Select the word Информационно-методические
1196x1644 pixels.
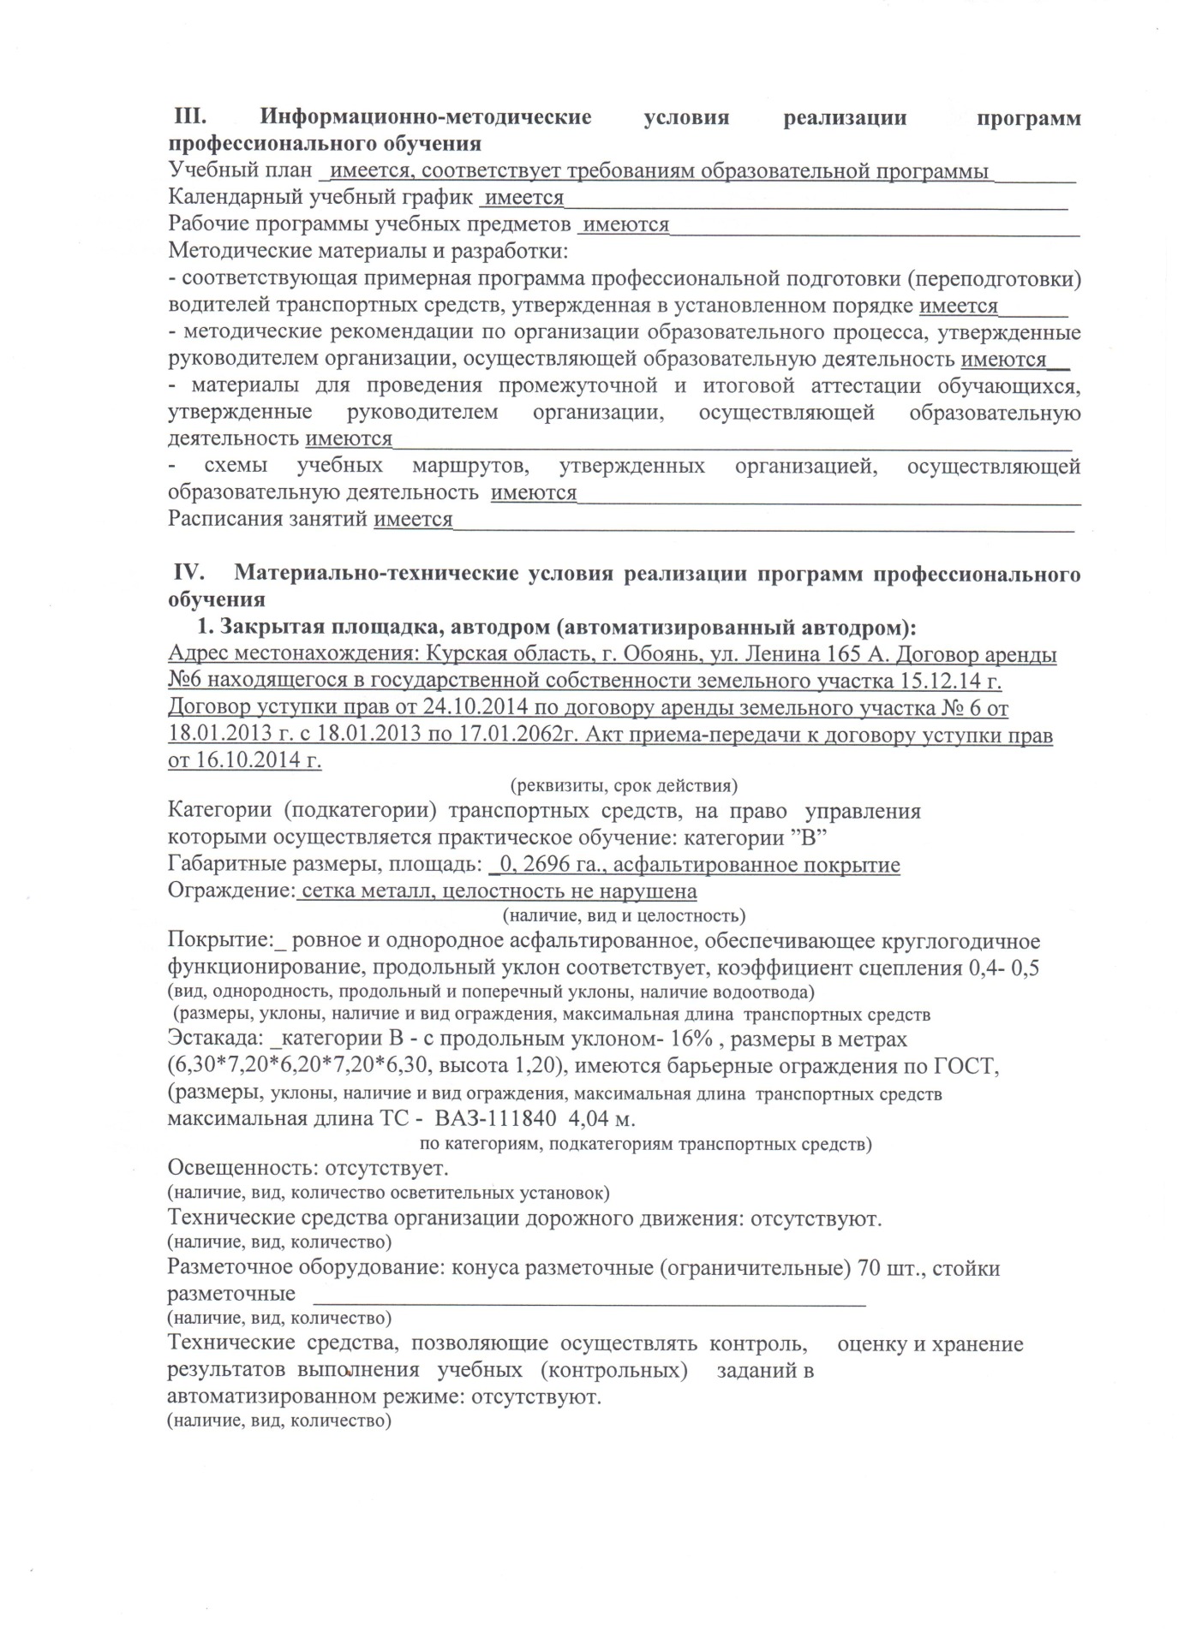426,117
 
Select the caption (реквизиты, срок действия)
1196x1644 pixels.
623,786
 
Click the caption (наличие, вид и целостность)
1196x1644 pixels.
623,915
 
